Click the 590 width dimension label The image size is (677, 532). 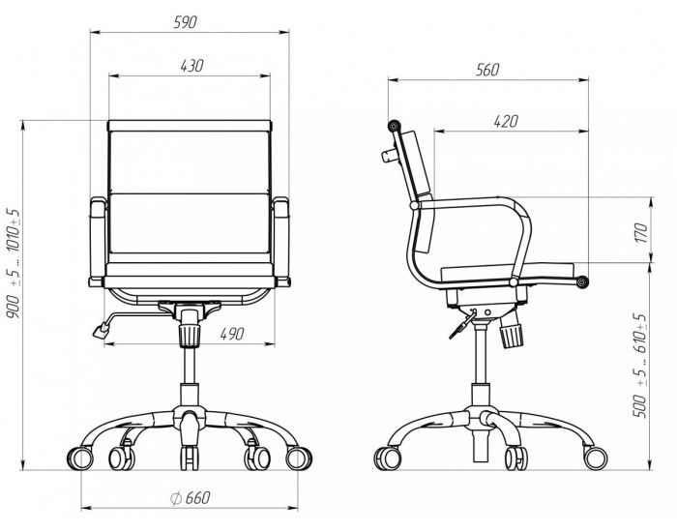185,22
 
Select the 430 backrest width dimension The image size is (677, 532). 191,66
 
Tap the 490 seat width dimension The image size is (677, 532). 232,334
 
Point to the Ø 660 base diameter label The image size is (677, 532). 191,498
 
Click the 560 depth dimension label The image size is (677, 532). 487,70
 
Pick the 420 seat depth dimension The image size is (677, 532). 506,121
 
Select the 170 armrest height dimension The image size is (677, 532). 642,232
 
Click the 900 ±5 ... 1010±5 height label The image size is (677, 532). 14,263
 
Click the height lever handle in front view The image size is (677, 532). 101,331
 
